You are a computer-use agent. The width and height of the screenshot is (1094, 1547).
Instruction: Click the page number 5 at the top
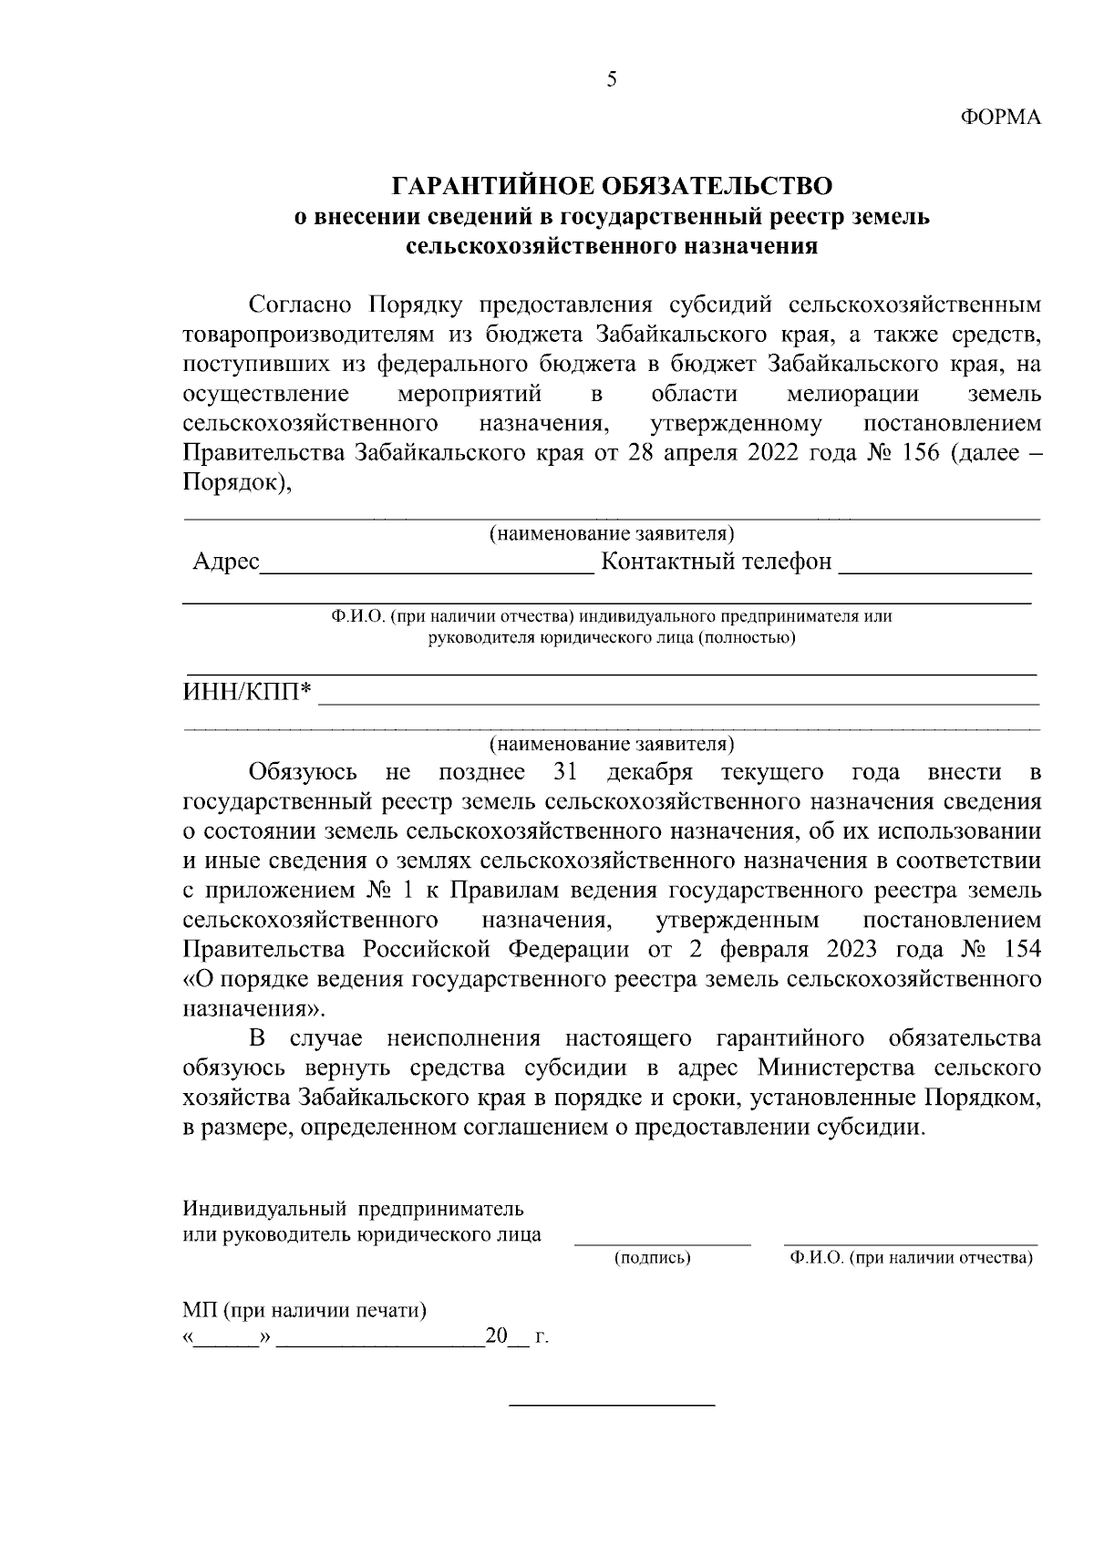coord(611,80)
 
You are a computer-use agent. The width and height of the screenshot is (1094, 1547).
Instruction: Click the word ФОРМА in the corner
coord(1001,118)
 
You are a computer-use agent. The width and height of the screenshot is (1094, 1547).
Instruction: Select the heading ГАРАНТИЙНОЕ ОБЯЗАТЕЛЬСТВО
coord(612,187)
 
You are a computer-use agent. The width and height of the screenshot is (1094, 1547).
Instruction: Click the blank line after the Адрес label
coord(426,571)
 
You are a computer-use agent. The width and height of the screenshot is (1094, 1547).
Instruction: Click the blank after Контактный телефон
coord(934,571)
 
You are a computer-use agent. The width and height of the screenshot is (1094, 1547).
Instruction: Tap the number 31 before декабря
coord(568,772)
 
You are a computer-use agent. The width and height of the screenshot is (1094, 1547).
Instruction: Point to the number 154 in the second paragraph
coord(1020,949)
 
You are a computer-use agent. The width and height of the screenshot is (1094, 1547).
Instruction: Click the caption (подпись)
coord(653,1259)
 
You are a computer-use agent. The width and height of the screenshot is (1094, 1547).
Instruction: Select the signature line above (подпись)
coord(662,1243)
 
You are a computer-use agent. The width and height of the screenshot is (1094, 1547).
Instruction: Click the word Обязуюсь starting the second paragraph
coord(303,772)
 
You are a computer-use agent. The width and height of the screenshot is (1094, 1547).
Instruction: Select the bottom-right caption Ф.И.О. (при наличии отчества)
coord(911,1259)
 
